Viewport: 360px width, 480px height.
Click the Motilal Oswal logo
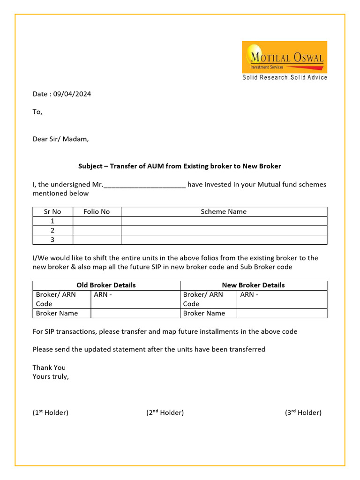(x=284, y=57)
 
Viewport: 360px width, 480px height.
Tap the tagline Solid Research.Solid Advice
(x=285, y=77)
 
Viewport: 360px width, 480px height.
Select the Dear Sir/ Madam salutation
(x=60, y=139)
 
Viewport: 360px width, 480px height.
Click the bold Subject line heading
(x=179, y=166)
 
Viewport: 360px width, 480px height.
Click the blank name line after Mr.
(x=144, y=185)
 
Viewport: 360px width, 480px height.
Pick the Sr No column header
(x=52, y=212)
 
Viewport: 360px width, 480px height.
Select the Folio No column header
(x=97, y=212)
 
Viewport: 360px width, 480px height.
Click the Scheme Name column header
(x=224, y=212)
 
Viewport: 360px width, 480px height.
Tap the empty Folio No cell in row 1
(x=97, y=221)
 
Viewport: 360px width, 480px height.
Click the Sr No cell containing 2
(x=52, y=231)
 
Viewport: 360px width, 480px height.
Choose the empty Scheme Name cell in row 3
(x=224, y=240)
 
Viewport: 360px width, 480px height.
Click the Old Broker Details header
(x=106, y=285)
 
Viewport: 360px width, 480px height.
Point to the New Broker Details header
(x=253, y=285)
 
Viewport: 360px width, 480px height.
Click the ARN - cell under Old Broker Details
(x=135, y=299)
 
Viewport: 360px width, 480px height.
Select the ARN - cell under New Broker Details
(x=282, y=299)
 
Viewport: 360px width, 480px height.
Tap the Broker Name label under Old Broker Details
(x=57, y=313)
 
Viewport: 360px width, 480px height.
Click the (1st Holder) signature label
(x=51, y=412)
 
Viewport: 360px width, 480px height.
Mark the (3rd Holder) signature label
(x=303, y=412)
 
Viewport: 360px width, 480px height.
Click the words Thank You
(x=49, y=367)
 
